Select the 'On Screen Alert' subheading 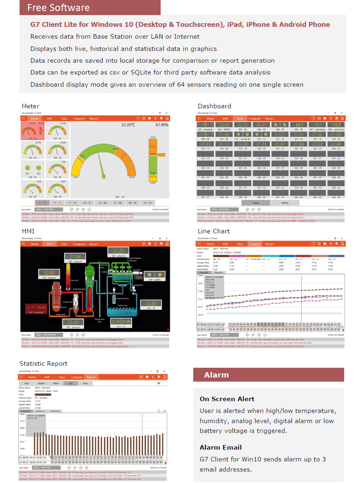pos(227,399)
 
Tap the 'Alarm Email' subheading pos(221,447)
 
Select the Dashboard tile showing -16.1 pos(300,124)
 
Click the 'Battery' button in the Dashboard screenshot pos(285,203)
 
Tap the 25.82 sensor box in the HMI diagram pos(151,304)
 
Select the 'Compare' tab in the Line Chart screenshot pos(255,244)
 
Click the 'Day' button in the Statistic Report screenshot pos(71,383)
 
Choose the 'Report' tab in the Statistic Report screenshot pos(91,377)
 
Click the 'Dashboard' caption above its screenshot pos(214,106)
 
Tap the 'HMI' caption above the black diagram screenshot pos(28,231)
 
